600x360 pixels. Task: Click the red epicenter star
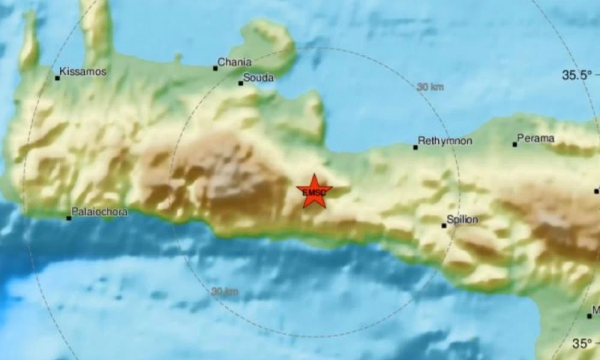click(x=314, y=191)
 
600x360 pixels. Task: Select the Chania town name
click(x=235, y=62)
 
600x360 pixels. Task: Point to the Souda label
click(x=259, y=77)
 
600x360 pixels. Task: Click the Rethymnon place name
click(x=445, y=141)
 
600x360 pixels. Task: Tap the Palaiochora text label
click(x=99, y=211)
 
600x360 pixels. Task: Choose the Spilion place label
click(x=463, y=220)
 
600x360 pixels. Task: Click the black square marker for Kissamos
click(x=58, y=77)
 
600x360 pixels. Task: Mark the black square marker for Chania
click(x=215, y=68)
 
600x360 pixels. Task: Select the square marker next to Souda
click(x=241, y=83)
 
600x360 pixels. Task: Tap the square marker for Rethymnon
click(x=415, y=147)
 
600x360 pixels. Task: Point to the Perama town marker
click(x=515, y=144)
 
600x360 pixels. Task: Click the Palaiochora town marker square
click(x=68, y=218)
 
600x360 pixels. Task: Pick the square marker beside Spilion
click(x=444, y=226)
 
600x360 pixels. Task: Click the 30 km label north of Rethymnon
click(x=430, y=86)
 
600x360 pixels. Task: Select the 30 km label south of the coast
click(x=224, y=292)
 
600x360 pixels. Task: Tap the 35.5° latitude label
click(x=576, y=75)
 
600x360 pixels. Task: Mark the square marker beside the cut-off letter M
click(x=589, y=316)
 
